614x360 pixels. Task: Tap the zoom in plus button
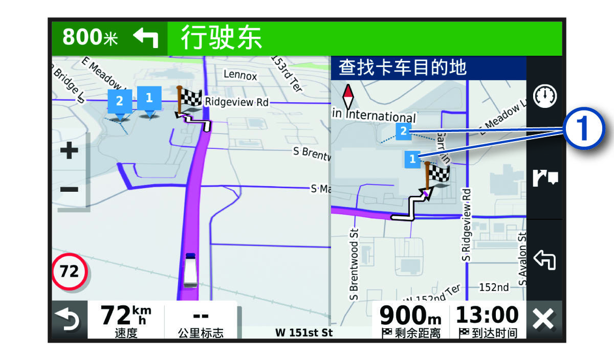pyautogui.click(x=70, y=151)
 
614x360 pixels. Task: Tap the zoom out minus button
pyautogui.click(x=70, y=190)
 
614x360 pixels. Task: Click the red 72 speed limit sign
pyautogui.click(x=70, y=271)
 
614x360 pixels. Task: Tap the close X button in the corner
pyautogui.click(x=543, y=321)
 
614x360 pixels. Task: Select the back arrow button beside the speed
pyautogui.click(x=69, y=321)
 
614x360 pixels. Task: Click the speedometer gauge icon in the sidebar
pyautogui.click(x=545, y=96)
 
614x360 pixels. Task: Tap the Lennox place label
pyautogui.click(x=240, y=75)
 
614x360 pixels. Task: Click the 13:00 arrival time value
pyautogui.click(x=487, y=314)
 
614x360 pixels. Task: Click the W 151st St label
pyautogui.click(x=304, y=333)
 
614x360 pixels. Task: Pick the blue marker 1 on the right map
pyautogui.click(x=412, y=159)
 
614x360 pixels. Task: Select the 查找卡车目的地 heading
pyautogui.click(x=403, y=67)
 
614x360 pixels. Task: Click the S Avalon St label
pyautogui.click(x=522, y=258)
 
